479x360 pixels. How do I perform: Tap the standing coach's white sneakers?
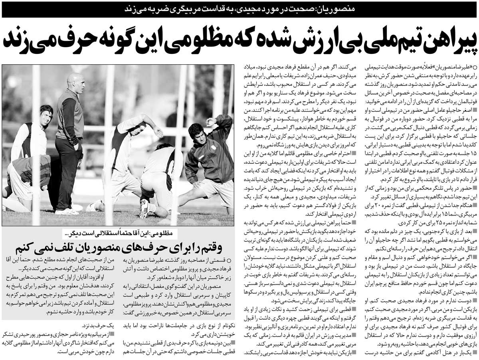coord(67,211)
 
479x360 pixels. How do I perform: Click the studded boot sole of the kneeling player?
coord(144,209)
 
